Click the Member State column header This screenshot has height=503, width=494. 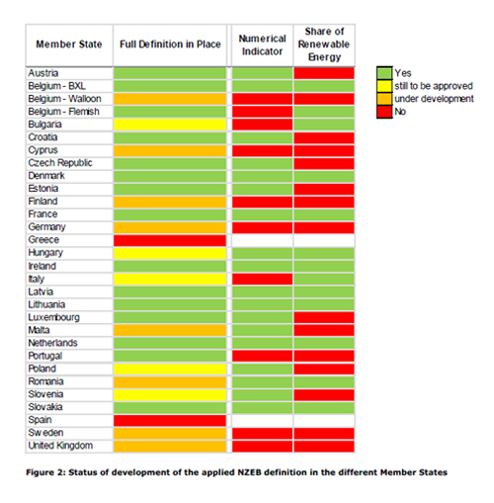(x=69, y=44)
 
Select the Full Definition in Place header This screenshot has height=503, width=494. (x=170, y=44)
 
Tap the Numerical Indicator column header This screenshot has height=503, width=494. (x=262, y=44)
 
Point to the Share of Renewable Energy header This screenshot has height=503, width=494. (x=324, y=44)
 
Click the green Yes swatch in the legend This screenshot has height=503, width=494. (x=384, y=73)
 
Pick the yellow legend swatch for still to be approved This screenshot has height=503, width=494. (x=384, y=86)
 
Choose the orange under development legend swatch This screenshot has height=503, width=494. (x=384, y=99)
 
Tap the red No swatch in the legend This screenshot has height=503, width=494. (x=384, y=112)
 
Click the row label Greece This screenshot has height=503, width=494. (x=43, y=240)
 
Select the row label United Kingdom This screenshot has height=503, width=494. (x=60, y=446)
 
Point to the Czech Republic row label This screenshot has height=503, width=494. (x=60, y=163)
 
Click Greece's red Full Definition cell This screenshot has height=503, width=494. (x=170, y=240)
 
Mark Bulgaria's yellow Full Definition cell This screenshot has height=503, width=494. (x=170, y=125)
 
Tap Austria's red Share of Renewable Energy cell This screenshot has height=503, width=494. (x=324, y=73)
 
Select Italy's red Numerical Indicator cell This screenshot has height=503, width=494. (x=262, y=279)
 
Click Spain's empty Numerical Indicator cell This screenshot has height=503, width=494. (x=262, y=420)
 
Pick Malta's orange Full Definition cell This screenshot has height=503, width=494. (x=170, y=330)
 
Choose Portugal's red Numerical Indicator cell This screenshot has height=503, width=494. (x=262, y=356)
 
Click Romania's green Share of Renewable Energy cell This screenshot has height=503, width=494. (x=324, y=381)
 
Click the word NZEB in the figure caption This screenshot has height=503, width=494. (x=249, y=472)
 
